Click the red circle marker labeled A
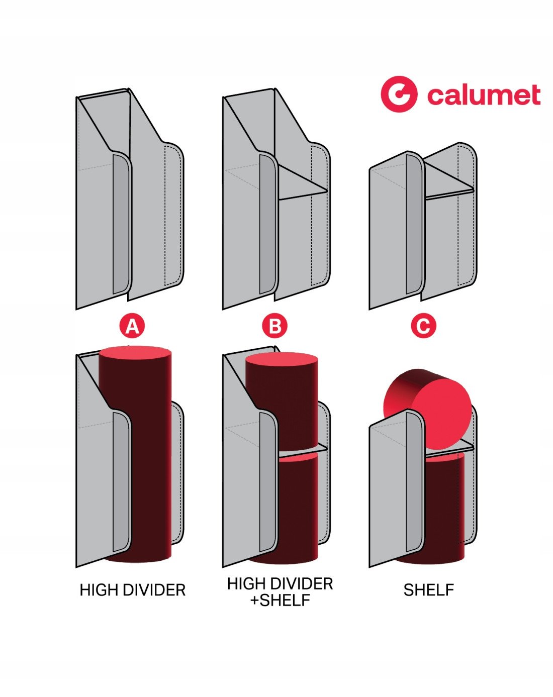[x=132, y=327]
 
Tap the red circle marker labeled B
[x=275, y=327]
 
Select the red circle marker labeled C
[x=423, y=327]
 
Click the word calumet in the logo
[x=483, y=95]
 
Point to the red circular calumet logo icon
[x=399, y=94]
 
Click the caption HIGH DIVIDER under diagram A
[x=133, y=590]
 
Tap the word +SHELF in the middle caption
[x=280, y=600]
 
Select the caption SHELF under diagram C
[x=428, y=590]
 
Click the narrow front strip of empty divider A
[x=121, y=226]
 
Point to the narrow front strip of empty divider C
[x=414, y=226]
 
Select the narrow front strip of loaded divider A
[x=121, y=482]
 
